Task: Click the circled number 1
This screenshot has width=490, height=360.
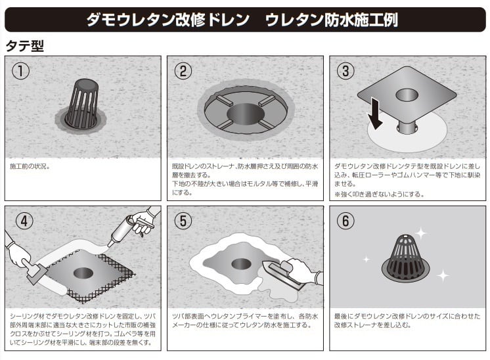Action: click(20, 71)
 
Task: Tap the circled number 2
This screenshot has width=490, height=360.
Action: click(183, 71)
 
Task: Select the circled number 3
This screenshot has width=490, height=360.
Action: click(345, 71)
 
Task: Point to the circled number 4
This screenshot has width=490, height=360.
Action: click(24, 221)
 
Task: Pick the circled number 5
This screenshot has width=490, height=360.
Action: click(183, 221)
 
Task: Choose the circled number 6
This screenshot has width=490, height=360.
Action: click(345, 221)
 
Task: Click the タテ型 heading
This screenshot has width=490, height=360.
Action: click(25, 46)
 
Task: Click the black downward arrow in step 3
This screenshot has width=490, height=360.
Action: click(374, 113)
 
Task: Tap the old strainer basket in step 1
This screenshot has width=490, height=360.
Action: click(83, 104)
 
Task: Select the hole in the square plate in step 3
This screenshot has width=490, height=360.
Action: click(407, 95)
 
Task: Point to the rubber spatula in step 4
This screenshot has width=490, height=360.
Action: click(33, 271)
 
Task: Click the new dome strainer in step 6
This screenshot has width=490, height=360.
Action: click(406, 258)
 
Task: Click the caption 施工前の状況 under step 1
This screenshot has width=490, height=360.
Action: click(29, 166)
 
